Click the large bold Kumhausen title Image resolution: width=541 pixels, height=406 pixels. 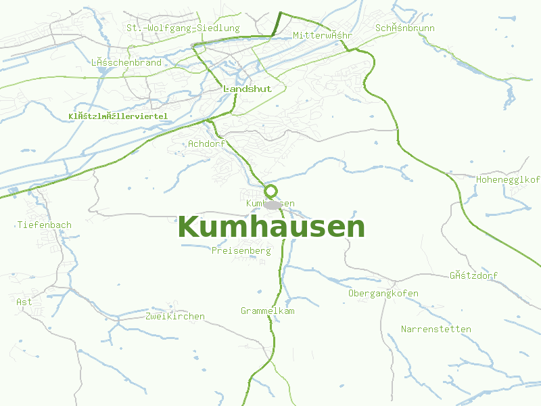pos(271,227)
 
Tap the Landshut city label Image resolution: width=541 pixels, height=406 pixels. pos(247,89)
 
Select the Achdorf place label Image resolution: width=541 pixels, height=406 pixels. pos(206,143)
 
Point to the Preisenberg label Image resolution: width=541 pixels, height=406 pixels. pos(241,250)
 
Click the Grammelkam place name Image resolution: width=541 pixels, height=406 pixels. pos(268,311)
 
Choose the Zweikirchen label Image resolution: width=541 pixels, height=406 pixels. pos(174,316)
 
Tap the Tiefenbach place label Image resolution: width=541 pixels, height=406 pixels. pos(45,225)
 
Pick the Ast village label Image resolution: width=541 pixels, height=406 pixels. pos(24,302)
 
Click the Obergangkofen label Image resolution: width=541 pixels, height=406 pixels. pos(383,293)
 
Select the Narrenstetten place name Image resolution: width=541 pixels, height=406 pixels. pos(436,329)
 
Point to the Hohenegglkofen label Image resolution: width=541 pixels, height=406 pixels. pos(509,179)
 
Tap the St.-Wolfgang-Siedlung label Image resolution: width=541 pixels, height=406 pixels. pos(183,28)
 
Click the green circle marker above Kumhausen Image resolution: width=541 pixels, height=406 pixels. pos(271,191)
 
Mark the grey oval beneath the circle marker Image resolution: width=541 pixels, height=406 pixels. pos(273,204)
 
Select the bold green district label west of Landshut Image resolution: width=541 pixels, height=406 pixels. pos(118,116)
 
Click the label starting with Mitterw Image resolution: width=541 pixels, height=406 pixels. pos(323,35)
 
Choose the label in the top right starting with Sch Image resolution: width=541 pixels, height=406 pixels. pos(404,28)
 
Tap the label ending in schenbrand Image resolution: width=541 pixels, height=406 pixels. pos(126,62)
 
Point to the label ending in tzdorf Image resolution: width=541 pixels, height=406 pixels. pos(473,275)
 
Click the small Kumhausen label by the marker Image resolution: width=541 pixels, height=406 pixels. pos(270,203)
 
